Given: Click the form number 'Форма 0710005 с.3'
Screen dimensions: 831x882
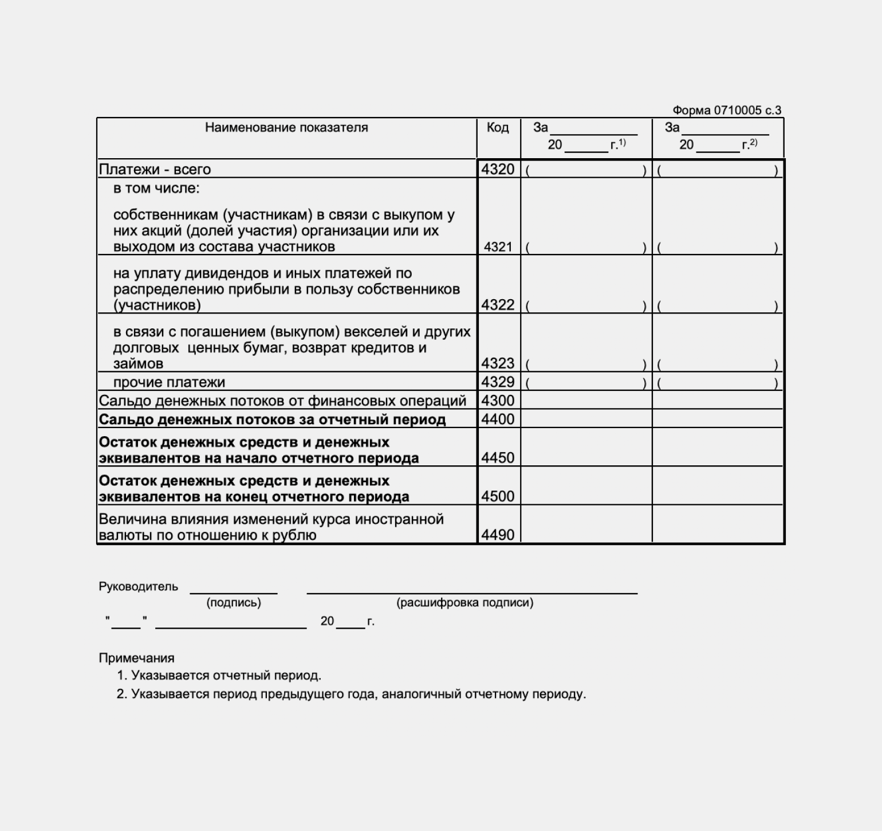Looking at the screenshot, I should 726,111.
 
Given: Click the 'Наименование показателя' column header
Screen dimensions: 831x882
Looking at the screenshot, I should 286,128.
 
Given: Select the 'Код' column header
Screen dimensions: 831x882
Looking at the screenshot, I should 498,128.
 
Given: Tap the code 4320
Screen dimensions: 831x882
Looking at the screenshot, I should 498,170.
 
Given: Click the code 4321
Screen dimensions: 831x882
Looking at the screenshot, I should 498,247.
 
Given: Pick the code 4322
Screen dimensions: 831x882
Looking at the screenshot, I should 498,305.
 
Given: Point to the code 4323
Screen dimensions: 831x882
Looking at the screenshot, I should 498,363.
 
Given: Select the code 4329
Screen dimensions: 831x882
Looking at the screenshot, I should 498,382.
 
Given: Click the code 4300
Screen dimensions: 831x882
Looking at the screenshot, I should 498,401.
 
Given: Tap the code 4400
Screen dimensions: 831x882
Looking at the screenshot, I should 498,420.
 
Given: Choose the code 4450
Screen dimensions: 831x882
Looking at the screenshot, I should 498,458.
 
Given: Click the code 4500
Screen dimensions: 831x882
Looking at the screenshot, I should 498,496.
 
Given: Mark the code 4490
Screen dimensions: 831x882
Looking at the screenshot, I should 498,535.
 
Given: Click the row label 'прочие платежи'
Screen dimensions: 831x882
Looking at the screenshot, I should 169,382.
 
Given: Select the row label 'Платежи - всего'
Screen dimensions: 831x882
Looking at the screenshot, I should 155,170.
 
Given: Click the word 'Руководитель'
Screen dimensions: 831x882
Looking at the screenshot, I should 138,587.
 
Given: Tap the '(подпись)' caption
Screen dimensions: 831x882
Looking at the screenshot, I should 234,603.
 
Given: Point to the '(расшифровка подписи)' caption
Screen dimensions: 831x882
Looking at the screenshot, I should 464,603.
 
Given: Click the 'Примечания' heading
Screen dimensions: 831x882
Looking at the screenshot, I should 136,658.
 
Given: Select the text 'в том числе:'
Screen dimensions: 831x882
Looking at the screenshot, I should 156,189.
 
